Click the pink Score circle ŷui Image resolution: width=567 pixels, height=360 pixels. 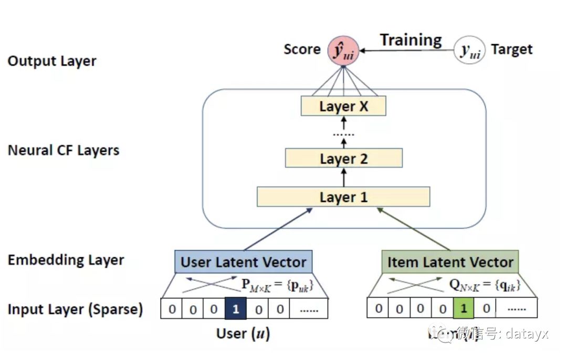342,50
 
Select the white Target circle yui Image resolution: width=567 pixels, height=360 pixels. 470,50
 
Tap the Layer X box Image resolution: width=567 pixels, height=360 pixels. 344,107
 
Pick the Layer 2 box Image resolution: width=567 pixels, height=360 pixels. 344,158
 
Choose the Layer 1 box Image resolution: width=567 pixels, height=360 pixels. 343,197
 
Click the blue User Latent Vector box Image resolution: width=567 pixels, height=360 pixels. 243,262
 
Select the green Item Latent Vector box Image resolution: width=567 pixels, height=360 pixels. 450,262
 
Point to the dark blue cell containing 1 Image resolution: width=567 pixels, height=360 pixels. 235,309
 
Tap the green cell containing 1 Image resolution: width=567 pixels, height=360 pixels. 463,308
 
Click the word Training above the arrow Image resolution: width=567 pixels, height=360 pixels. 411,40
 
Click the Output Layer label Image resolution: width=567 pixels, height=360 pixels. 52,61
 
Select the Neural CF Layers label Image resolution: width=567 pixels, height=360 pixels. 64,151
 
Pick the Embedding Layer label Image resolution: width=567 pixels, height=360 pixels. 66,260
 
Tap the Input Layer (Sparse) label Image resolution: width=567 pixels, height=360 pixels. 75,309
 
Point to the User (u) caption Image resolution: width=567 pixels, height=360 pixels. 243,334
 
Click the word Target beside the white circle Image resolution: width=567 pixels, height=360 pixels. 511,50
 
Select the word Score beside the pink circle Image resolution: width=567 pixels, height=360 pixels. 302,49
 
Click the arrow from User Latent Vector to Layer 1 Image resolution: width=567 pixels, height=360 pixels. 278,229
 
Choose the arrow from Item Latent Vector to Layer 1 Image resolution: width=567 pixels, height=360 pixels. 414,229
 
